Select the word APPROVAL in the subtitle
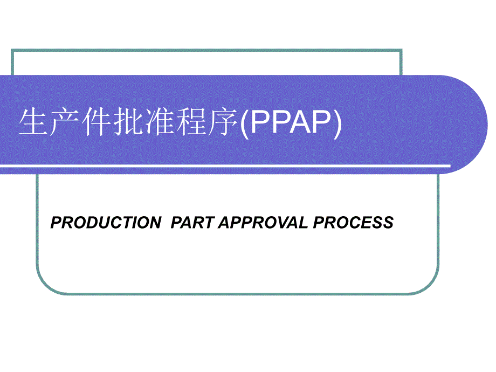point(264,223)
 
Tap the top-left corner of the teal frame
point(12,50)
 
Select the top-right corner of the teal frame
point(401,50)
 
